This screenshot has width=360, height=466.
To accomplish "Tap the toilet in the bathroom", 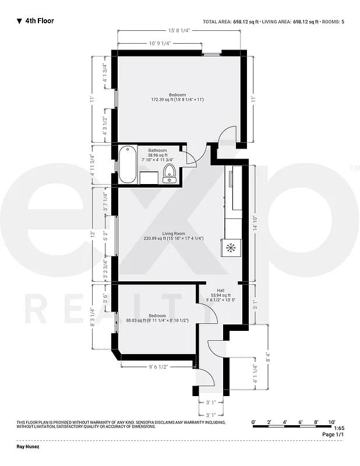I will (170, 173).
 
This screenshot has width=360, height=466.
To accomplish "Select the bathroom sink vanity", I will (149, 177).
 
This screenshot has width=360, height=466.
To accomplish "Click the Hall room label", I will (221, 290).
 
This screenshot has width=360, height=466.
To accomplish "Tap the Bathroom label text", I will (157, 150).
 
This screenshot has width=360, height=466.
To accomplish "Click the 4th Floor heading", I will (40, 21).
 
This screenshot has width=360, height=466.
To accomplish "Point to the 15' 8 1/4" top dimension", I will (179, 30).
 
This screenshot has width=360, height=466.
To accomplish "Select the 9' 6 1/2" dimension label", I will (158, 368).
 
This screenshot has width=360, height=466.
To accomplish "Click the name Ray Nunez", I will (28, 449).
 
